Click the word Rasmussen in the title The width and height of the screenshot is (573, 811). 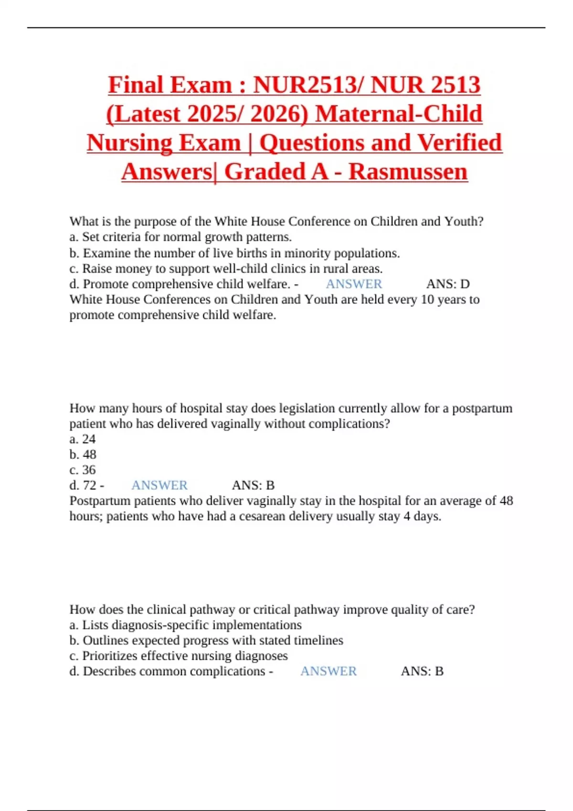coord(408,172)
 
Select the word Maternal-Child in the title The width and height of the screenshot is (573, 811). coord(399,114)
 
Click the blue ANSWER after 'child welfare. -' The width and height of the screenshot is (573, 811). coord(354,284)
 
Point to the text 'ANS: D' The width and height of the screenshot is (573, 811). coord(448,284)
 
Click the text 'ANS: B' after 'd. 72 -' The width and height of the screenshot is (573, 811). coord(253,485)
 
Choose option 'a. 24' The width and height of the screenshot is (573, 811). coord(83,439)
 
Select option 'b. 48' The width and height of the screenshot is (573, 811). coord(83,454)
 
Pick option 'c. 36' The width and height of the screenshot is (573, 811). coord(83,470)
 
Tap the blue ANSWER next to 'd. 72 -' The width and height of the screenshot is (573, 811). coord(159,485)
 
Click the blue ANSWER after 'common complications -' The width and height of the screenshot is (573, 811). coord(329,671)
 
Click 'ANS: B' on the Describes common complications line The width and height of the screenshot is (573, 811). coord(422,671)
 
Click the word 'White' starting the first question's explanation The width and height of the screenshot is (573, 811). coord(85,300)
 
